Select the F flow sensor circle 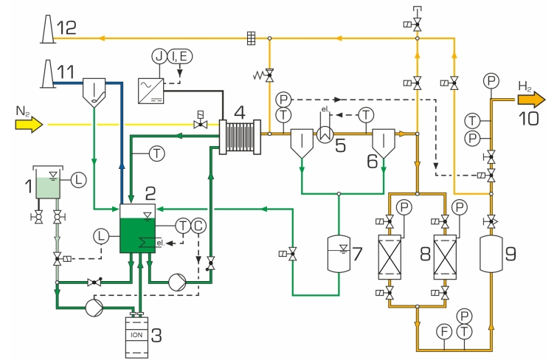pos(444,331)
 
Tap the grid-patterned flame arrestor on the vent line pos(252,38)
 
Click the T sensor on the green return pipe pos(156,153)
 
